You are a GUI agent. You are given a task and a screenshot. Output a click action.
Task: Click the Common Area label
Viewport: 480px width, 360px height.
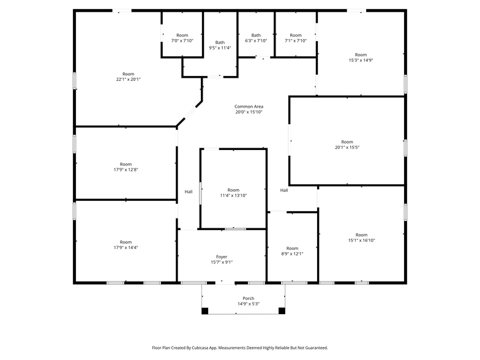tap(249, 109)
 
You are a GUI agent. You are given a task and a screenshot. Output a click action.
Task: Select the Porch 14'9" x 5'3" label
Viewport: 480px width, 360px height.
tap(249, 301)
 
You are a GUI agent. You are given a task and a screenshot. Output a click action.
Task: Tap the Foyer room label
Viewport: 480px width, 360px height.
tap(222, 260)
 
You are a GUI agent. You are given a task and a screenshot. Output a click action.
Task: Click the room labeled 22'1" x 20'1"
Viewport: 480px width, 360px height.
tap(129, 77)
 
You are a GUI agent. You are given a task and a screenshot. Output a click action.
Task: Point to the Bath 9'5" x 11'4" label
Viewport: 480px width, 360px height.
tap(220, 45)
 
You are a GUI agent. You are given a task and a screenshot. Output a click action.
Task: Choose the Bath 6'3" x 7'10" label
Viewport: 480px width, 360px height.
tap(256, 38)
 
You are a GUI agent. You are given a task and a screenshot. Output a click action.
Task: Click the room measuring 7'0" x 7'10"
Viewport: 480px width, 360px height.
tap(182, 38)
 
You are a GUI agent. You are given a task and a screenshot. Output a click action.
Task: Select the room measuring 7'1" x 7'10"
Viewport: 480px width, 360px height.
tap(296, 38)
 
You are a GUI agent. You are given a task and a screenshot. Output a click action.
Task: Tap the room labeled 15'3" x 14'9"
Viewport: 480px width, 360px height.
tap(361, 58)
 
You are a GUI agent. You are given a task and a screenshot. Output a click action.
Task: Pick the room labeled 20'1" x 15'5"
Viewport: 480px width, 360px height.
tap(347, 144)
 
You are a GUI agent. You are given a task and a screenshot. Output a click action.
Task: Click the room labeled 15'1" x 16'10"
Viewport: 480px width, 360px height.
tap(362, 238)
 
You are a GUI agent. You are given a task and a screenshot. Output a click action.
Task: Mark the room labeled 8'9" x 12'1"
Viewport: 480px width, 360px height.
tap(292, 251)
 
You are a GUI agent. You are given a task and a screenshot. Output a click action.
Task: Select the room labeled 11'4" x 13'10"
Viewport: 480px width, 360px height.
tap(233, 193)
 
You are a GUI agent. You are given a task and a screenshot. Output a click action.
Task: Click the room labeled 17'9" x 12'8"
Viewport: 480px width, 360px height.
tap(126, 167)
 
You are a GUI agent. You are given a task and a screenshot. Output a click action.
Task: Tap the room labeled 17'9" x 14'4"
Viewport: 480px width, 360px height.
tap(126, 245)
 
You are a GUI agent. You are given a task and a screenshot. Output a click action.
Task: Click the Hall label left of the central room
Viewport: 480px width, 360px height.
tap(189, 192)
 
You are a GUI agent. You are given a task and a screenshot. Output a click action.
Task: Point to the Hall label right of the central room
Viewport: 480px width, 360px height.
tap(284, 190)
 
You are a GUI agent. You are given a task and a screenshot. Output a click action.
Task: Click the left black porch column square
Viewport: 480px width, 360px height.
tap(205, 310)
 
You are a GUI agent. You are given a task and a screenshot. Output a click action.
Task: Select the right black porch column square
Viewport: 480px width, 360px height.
tap(282, 310)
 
